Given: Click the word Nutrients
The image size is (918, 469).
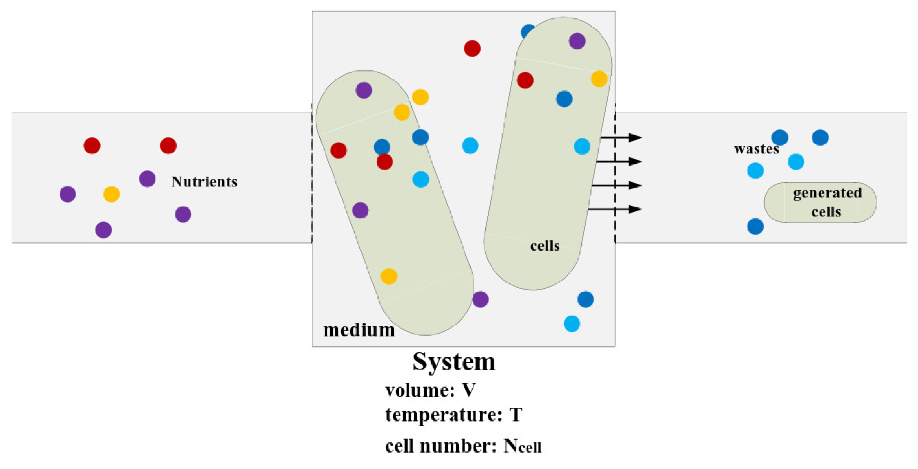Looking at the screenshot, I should (x=204, y=182).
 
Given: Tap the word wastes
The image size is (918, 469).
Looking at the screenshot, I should (x=756, y=149).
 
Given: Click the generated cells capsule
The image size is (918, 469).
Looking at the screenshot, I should (x=820, y=202).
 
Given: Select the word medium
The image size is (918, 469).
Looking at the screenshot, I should (x=359, y=330).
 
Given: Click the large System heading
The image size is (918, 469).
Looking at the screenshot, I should (x=454, y=362).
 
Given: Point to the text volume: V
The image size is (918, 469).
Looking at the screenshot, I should (x=430, y=390).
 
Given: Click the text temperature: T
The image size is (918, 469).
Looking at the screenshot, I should (x=453, y=415).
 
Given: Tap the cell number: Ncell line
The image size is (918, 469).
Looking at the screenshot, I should (x=463, y=446).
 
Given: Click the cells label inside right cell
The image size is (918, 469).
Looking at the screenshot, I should (x=545, y=246).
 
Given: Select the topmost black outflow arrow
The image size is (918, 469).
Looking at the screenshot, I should (x=621, y=137).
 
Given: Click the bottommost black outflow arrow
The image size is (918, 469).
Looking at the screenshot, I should (x=615, y=209).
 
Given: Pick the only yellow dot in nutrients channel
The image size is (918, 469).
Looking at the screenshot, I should (x=112, y=194).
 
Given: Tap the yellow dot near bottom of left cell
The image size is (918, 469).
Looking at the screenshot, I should (x=389, y=276).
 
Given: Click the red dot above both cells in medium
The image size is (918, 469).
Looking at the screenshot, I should (x=472, y=49).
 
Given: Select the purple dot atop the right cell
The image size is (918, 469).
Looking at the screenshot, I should (x=577, y=41).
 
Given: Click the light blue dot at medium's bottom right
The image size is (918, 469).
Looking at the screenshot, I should (x=572, y=324).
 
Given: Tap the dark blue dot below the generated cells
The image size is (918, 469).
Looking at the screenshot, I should (x=756, y=227).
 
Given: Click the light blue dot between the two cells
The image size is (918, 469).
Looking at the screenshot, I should (x=470, y=146).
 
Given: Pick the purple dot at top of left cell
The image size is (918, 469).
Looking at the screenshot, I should (x=364, y=90).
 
